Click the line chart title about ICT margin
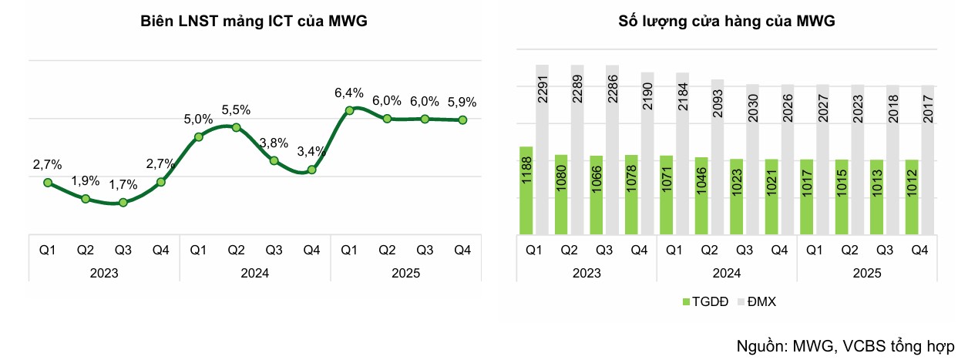254,22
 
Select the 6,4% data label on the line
348,93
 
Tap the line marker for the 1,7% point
123,202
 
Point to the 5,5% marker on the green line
236,127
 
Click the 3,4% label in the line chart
311,153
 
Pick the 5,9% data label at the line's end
462,102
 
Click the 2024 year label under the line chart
254,273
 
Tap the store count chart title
727,22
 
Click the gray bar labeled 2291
543,150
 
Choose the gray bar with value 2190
647,153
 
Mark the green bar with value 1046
701,196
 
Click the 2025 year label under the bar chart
867,273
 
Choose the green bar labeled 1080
561,194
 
